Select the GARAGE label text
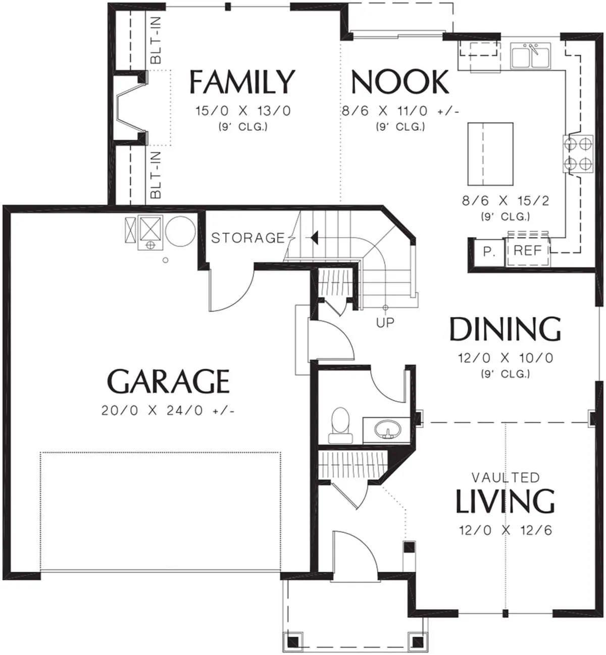click(x=168, y=381)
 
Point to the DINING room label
click(x=505, y=329)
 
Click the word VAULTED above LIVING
click(x=506, y=477)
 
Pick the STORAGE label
click(x=248, y=238)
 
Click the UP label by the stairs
click(x=385, y=322)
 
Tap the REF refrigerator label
click(x=527, y=251)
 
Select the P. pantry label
click(x=489, y=252)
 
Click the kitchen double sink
click(x=530, y=56)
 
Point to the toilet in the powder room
click(x=340, y=425)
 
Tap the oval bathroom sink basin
click(x=388, y=429)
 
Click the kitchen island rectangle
click(x=490, y=154)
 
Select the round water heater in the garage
click(x=180, y=231)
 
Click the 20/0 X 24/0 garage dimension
click(x=168, y=411)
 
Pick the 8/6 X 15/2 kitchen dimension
click(x=506, y=200)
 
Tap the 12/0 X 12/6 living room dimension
click(x=506, y=530)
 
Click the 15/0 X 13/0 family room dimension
click(x=243, y=111)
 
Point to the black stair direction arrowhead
click(x=315, y=238)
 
